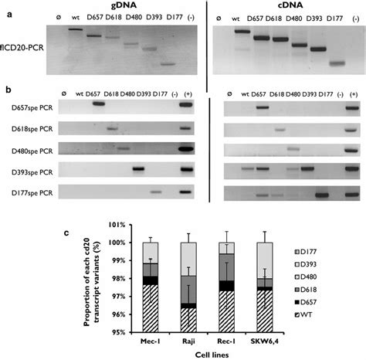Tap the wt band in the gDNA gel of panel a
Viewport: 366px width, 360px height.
tap(76, 29)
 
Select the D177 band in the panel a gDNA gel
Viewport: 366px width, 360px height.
tap(168, 64)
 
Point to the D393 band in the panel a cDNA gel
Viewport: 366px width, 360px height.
tap(318, 49)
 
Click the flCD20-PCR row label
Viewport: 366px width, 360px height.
tap(22, 48)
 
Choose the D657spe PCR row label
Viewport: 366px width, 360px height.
tap(32, 107)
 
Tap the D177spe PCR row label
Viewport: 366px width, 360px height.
tap(32, 193)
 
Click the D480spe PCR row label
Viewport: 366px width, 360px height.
tap(32, 151)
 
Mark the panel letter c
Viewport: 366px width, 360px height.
tap(66, 233)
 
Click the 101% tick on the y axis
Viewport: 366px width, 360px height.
tap(117, 225)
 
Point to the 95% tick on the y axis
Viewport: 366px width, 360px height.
tap(118, 332)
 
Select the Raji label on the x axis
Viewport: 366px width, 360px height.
tap(188, 341)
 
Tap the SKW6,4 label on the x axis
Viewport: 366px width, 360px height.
tap(265, 341)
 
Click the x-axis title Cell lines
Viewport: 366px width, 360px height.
tap(212, 355)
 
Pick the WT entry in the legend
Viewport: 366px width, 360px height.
tap(303, 314)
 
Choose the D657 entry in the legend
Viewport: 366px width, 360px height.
tap(306, 302)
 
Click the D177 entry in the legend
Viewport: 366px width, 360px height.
tap(306, 252)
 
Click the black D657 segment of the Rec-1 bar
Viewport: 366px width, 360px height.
tap(226, 286)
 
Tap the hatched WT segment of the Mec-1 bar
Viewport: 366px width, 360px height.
tap(151, 308)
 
